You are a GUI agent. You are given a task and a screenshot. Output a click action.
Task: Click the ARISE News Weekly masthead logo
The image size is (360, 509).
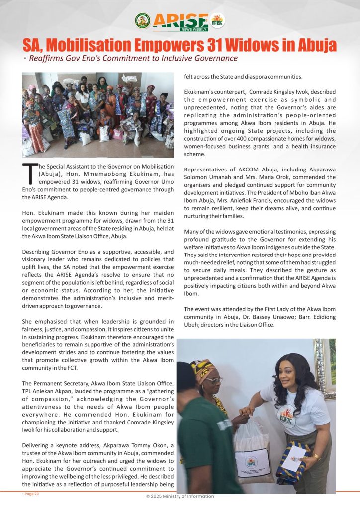coord(180,21)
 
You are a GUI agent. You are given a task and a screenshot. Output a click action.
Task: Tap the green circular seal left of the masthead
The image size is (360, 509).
coord(142,20)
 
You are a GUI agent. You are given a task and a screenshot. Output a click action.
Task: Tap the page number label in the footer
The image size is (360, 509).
coord(30,494)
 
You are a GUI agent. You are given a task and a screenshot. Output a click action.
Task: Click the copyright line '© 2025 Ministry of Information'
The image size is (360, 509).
coord(180,496)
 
